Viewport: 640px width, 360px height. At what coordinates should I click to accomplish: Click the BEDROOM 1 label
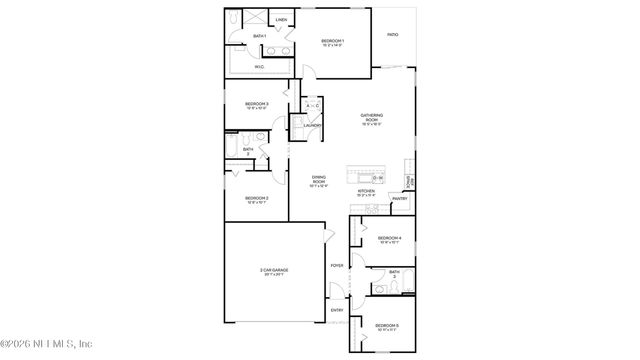tap(333, 42)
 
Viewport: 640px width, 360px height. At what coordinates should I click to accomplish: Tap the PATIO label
tap(393, 35)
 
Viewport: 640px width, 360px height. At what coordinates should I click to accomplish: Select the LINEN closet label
tap(281, 19)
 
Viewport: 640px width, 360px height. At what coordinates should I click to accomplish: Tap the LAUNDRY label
tap(312, 125)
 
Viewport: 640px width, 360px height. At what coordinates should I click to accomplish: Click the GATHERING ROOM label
tap(372, 116)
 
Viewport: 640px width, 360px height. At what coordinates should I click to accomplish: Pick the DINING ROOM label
tap(318, 179)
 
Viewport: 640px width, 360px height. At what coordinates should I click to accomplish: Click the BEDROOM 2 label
tap(257, 198)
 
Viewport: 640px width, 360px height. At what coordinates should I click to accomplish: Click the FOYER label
tap(336, 265)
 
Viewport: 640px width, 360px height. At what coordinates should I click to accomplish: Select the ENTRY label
tap(336, 310)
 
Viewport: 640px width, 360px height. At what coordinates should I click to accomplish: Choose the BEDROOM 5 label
tap(387, 325)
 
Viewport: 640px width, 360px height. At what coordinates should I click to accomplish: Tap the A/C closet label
tap(311, 105)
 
